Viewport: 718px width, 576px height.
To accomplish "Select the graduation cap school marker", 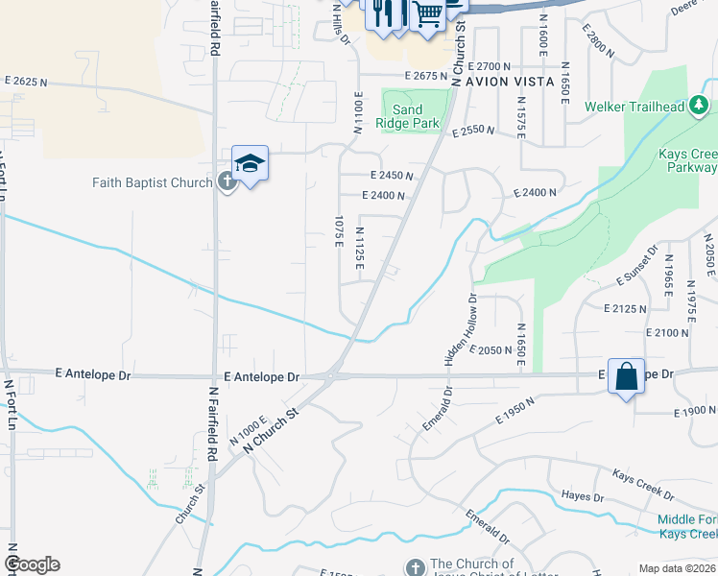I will click(250, 164).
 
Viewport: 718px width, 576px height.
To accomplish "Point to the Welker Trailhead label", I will click(635, 107).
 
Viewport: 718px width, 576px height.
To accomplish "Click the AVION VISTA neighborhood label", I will click(510, 82).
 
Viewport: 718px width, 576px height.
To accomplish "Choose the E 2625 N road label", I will click(26, 82).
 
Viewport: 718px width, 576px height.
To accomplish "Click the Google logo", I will click(32, 564).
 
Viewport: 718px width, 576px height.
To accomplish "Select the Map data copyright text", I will click(678, 568).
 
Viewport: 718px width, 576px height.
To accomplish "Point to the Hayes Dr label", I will click(583, 497).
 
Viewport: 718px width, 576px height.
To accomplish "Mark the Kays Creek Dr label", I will click(643, 485).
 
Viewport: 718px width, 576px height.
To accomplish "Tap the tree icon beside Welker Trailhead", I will click(703, 106).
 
